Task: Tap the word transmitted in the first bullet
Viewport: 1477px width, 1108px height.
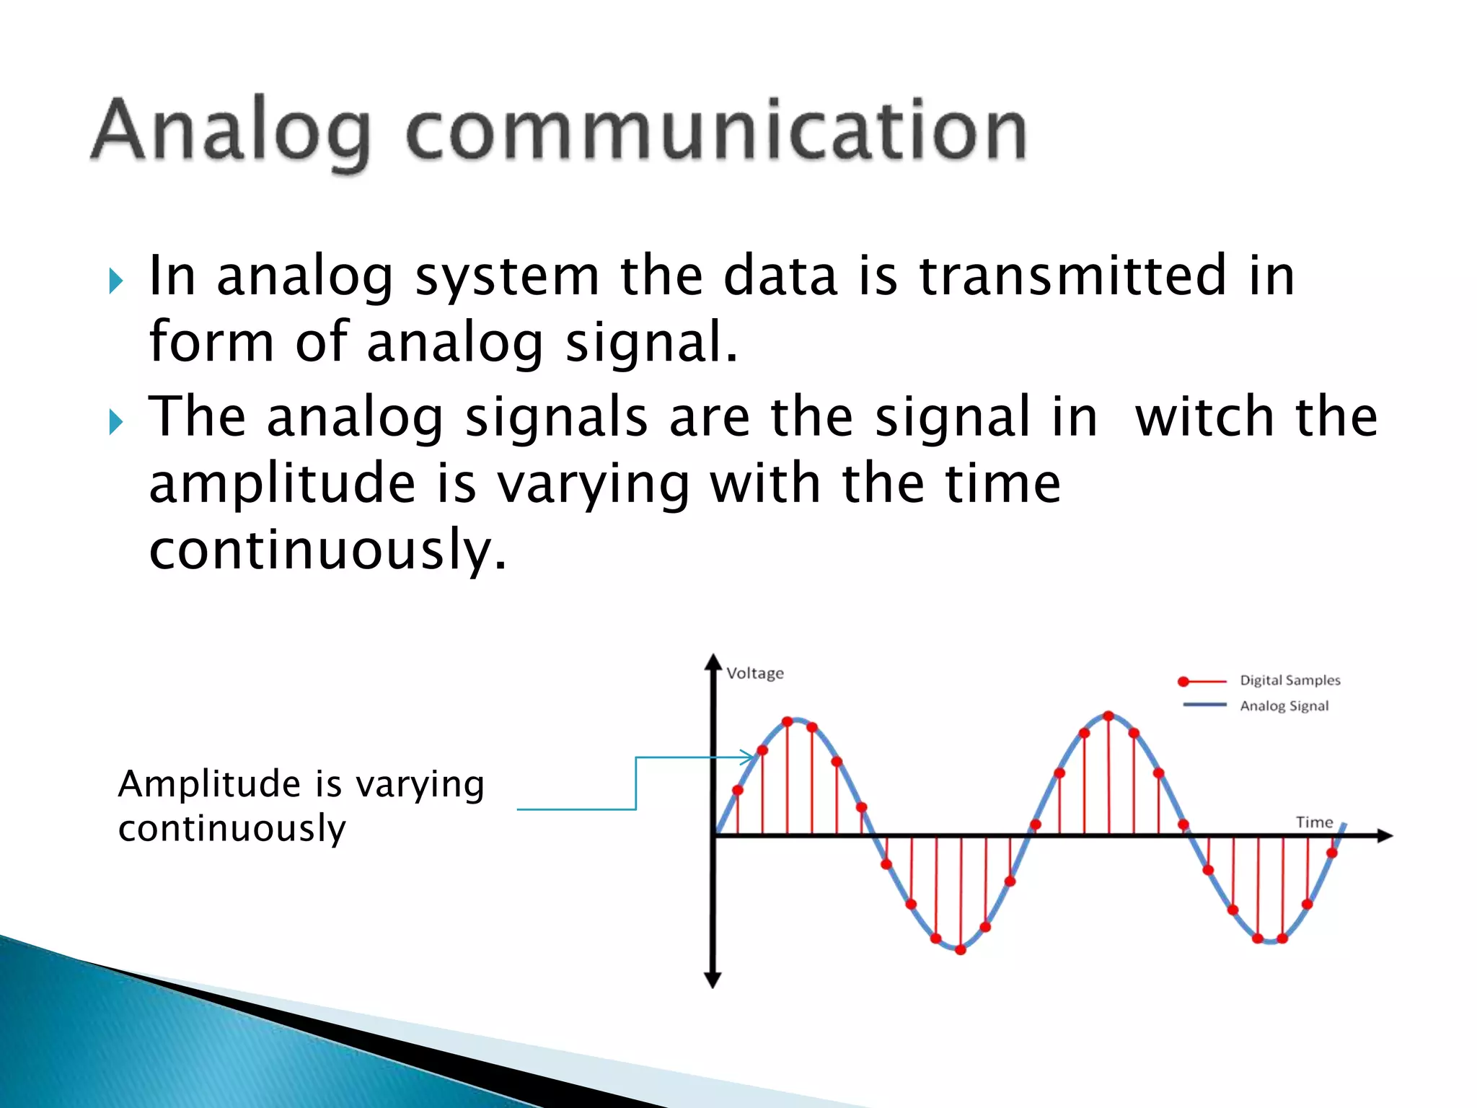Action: pos(1072,276)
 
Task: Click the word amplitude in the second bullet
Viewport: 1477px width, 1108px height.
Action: pos(282,485)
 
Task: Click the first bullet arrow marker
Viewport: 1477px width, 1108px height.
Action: pos(116,281)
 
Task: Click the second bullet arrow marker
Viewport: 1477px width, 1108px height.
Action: pos(116,422)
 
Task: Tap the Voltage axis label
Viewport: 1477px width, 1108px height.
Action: pos(754,673)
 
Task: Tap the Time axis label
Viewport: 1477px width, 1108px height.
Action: pos(1314,822)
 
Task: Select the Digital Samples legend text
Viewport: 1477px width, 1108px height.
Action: pos(1289,680)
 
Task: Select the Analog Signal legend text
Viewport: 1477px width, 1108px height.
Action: pos(1284,705)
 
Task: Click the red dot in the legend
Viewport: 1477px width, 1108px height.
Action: pos(1183,682)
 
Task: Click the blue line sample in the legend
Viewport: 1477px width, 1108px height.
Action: pos(1204,705)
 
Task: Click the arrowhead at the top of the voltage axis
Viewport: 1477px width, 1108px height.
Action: pos(713,661)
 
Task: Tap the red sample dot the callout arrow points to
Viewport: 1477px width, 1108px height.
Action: pos(762,750)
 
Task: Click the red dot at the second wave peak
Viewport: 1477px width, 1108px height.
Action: pos(1108,716)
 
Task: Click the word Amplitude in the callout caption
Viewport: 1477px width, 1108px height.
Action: pos(209,784)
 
